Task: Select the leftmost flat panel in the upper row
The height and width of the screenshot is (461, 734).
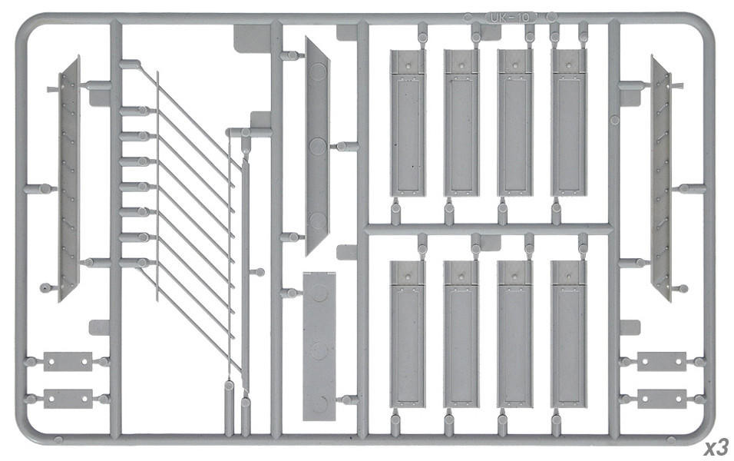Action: click(407, 123)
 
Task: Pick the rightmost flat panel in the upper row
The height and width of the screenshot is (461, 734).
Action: click(569, 123)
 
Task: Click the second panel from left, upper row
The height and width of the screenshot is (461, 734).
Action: click(461, 123)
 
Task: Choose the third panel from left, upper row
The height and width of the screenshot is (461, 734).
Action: click(515, 123)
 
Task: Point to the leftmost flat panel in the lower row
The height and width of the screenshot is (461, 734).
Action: click(407, 334)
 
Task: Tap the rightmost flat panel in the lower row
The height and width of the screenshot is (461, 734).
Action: click(568, 334)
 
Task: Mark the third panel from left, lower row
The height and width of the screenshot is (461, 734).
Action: click(514, 334)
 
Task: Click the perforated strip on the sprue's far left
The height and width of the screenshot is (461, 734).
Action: click(69, 177)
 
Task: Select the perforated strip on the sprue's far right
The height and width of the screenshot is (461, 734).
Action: click(660, 177)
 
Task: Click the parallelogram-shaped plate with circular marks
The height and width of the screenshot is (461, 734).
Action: click(317, 146)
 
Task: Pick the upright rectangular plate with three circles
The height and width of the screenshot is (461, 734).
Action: click(319, 346)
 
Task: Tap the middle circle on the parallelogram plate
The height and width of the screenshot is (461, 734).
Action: click(318, 145)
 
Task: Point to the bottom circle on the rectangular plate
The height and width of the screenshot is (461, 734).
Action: click(319, 403)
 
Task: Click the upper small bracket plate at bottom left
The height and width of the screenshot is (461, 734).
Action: click(68, 361)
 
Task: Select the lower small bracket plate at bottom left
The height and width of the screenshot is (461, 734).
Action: click(68, 399)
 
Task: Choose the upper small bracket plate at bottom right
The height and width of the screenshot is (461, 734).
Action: click(661, 361)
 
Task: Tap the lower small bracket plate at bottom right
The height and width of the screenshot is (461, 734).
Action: click(661, 399)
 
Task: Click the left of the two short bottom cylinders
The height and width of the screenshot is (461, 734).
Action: click(230, 407)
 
